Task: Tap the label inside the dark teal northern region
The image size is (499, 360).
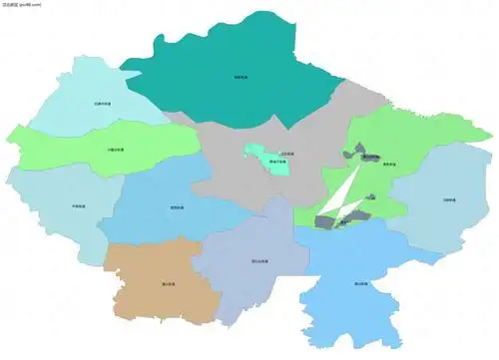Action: click(241, 77)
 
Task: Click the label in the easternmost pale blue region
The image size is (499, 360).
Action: click(449, 200)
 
